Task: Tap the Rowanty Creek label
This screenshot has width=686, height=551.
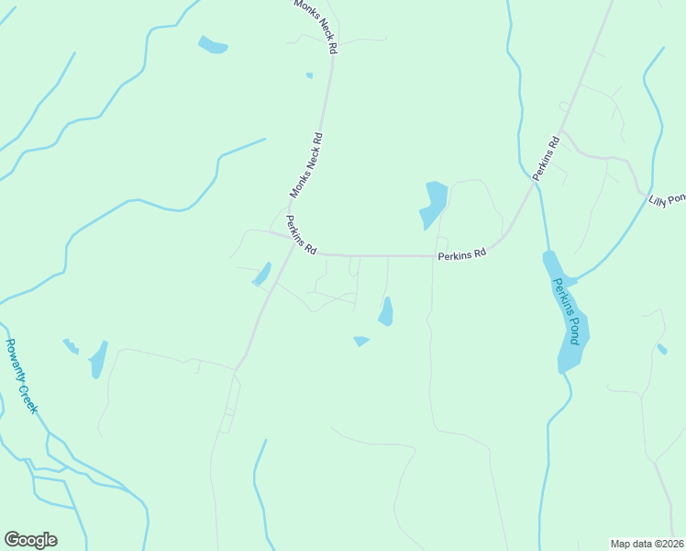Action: tap(20, 376)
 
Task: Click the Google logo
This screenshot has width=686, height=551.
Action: tap(30, 540)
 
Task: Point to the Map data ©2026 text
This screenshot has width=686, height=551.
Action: tap(647, 544)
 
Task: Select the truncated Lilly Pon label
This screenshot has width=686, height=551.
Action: tap(667, 199)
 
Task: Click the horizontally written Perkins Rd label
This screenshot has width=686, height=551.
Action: tap(461, 255)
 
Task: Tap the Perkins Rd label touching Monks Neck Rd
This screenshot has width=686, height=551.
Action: tap(302, 235)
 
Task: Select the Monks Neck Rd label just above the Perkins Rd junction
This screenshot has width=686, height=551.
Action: tap(306, 165)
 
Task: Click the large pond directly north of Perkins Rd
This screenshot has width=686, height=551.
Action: tap(433, 204)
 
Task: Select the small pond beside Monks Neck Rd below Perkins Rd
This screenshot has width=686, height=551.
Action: tap(262, 274)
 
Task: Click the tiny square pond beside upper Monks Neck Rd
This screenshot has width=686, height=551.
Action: tap(309, 75)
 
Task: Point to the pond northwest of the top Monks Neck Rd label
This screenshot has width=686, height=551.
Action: tap(213, 44)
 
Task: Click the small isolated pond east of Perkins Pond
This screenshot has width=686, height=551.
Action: tap(662, 349)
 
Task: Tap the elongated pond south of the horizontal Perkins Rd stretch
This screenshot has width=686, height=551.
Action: tap(386, 311)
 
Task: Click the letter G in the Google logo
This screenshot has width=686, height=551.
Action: tap(13, 540)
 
